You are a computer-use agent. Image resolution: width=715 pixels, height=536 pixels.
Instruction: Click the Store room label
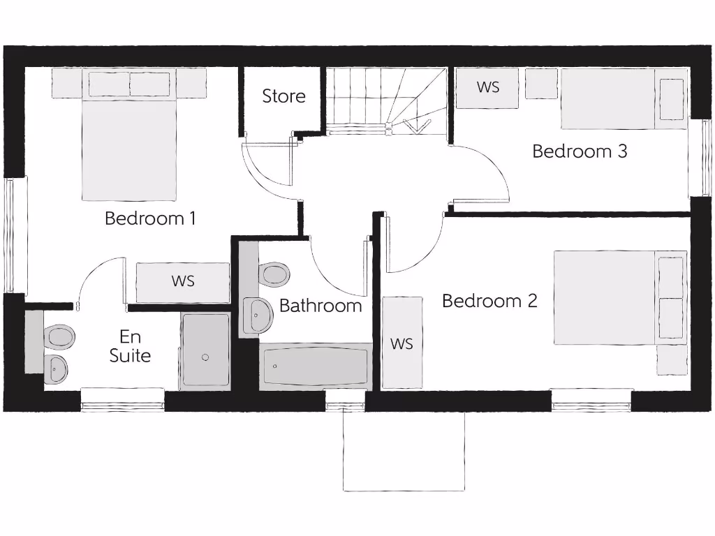[283, 96]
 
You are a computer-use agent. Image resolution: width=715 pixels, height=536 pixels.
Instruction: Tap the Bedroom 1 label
[150, 218]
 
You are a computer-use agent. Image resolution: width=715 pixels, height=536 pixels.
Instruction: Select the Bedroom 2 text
[489, 301]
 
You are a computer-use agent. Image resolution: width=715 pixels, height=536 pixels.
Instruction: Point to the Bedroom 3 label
[580, 151]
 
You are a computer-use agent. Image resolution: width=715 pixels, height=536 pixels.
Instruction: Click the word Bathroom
[320, 306]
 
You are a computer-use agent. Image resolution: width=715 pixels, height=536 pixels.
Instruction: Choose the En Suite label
[130, 347]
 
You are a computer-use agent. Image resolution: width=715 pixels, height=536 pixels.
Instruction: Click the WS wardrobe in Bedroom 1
[183, 282]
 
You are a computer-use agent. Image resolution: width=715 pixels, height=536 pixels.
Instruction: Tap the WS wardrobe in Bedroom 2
[401, 343]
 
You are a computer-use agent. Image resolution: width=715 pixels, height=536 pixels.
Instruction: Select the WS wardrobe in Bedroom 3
[487, 88]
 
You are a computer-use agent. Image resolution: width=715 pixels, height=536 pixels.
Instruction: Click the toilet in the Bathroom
[274, 274]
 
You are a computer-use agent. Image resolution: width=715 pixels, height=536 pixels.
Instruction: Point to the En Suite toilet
[59, 337]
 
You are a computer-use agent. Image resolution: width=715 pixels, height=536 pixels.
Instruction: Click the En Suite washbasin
[56, 367]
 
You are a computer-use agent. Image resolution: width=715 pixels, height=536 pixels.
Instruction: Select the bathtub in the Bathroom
[315, 366]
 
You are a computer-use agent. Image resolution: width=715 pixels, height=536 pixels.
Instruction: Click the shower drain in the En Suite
[205, 357]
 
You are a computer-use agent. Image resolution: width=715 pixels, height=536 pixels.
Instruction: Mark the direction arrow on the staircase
[415, 126]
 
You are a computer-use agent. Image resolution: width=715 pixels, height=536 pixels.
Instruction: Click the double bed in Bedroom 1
[129, 140]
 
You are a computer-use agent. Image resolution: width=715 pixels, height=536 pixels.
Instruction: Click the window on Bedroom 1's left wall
[10, 235]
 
